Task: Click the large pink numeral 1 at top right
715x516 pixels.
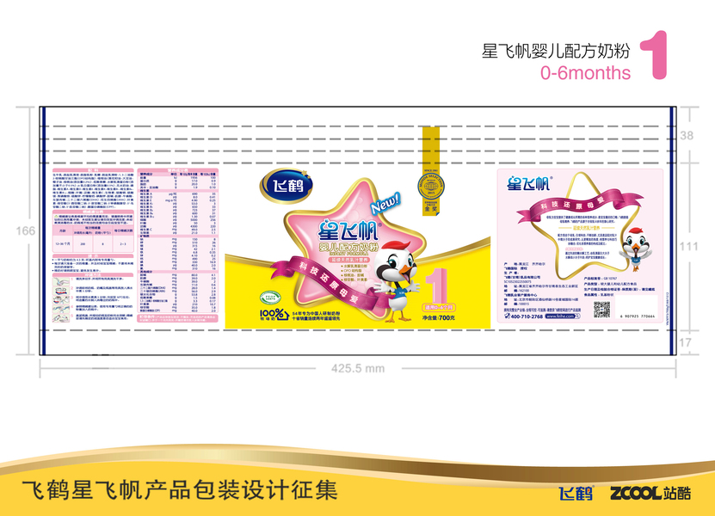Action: (656, 56)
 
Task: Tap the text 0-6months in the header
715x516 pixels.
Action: (585, 73)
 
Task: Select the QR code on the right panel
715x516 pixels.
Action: (601, 310)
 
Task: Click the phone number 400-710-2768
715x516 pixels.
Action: (526, 316)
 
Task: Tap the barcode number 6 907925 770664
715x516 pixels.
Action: (637, 316)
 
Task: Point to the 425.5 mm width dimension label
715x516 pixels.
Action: (358, 367)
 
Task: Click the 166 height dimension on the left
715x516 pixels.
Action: (26, 230)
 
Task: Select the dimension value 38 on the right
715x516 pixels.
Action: (686, 136)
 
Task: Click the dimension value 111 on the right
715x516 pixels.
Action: (687, 246)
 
